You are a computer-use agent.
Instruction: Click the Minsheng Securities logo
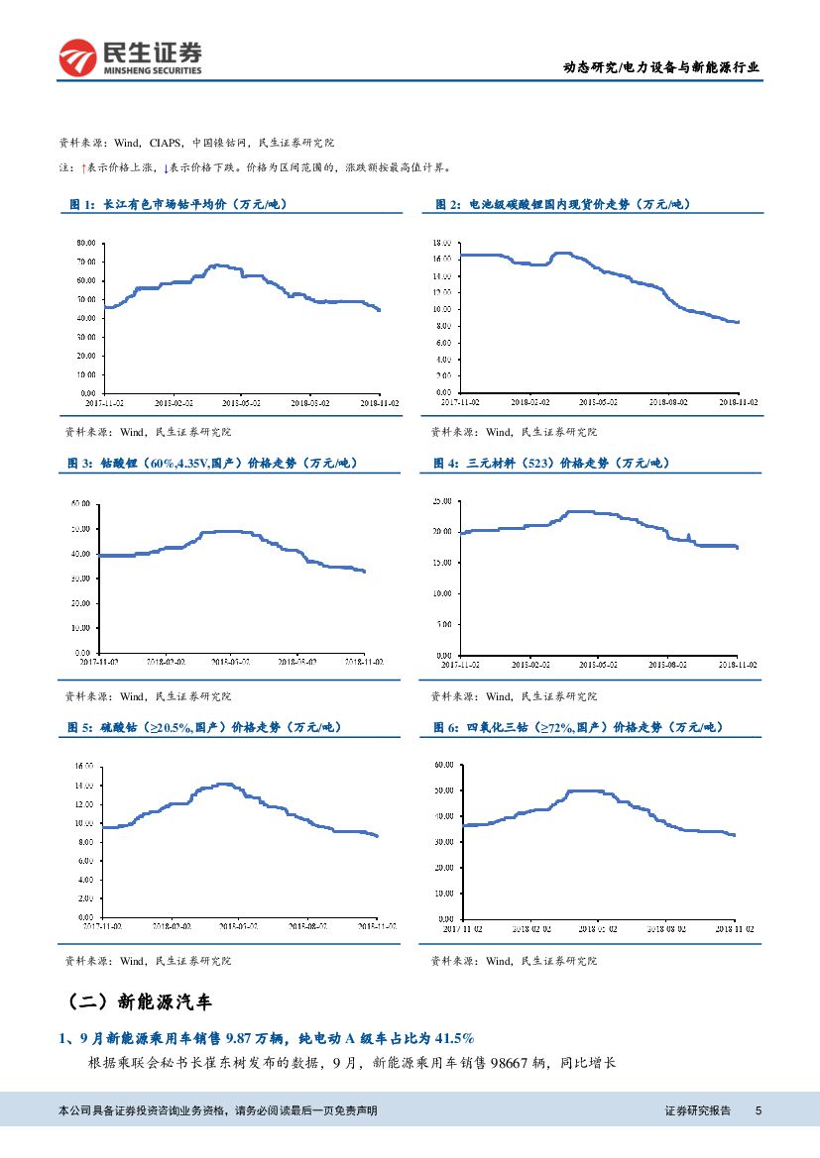pos(130,58)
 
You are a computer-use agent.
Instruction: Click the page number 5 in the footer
pos(759,1110)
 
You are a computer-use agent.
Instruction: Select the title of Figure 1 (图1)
pos(177,204)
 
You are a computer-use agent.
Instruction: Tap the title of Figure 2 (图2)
pos(562,204)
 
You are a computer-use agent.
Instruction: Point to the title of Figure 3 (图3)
pos(212,463)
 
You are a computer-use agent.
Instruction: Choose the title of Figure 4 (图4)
pos(551,463)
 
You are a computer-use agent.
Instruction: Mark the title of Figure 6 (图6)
pos(578,727)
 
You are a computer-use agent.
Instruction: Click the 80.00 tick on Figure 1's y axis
pos(85,243)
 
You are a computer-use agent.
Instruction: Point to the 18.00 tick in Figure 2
pos(442,243)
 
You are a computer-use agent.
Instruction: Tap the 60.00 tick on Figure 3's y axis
pos(80,504)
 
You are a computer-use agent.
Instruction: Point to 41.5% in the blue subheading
pos(452,1037)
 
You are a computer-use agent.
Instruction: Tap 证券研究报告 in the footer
pos(697,1110)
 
